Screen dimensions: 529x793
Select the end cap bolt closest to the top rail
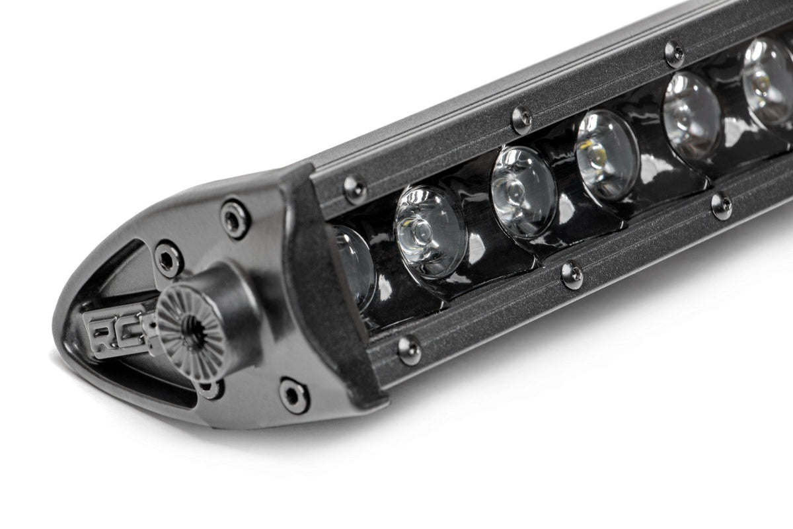236,218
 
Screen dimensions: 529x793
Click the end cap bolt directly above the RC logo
169,259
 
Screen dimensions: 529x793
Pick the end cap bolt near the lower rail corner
293,395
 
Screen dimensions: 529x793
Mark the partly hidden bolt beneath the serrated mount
210,389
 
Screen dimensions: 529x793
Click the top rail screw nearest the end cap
355,189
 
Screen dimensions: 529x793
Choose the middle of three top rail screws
522,120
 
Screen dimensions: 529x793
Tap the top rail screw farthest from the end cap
674,54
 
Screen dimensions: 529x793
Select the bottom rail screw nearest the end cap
409,350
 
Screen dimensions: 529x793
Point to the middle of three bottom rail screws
572,274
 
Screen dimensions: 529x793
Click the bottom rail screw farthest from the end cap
722,206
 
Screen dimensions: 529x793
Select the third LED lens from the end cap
523,192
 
